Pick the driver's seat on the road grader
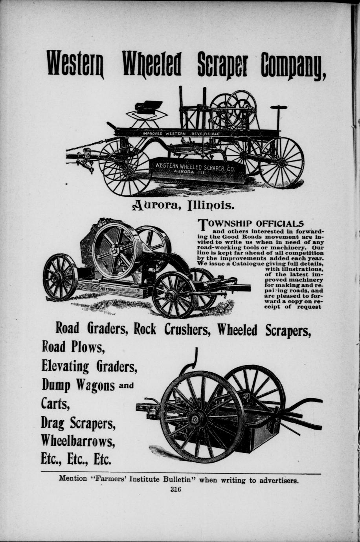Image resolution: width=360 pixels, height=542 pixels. pyautogui.click(x=148, y=106)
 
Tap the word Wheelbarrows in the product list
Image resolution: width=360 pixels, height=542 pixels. pyautogui.click(x=78, y=441)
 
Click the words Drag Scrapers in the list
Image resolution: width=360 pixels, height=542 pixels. pyautogui.click(x=79, y=423)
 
